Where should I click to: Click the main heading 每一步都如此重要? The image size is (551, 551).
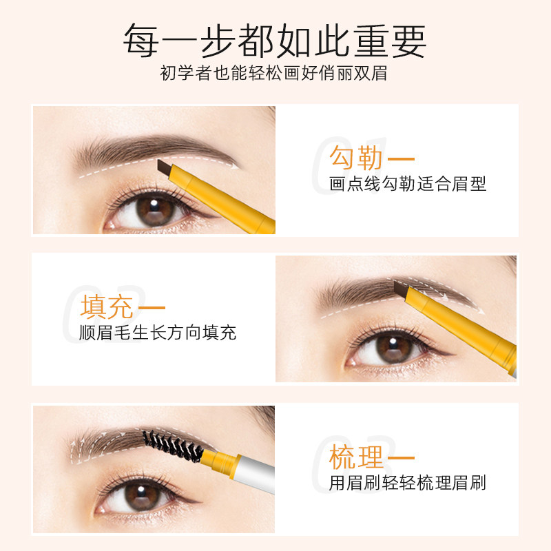[275, 41]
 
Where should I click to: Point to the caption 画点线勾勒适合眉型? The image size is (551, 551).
[408, 185]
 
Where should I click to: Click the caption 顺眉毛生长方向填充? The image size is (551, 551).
[158, 333]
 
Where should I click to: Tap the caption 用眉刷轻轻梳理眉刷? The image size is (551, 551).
[408, 483]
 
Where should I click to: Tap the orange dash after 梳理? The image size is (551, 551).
[401, 457]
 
